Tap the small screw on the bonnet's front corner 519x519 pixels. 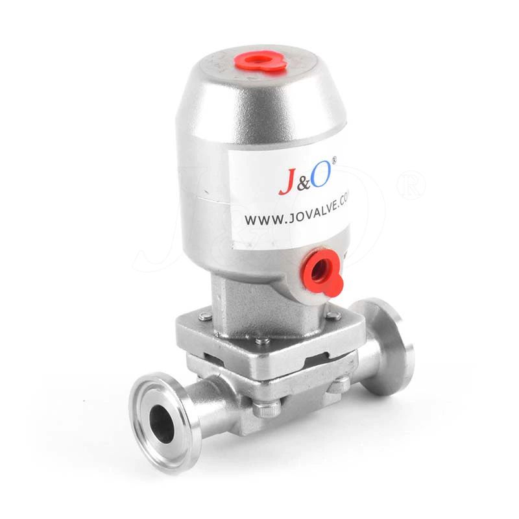pyautogui.click(x=260, y=341)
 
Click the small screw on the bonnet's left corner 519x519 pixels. pyautogui.click(x=204, y=317)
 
